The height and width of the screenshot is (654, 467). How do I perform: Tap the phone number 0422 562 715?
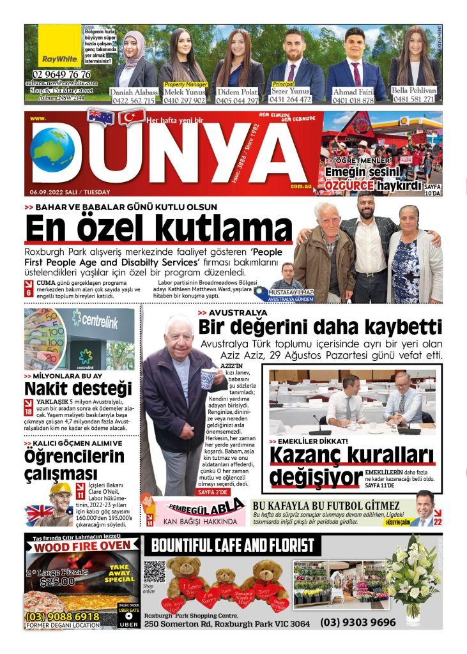point(133,100)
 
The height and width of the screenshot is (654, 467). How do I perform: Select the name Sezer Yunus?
point(291,91)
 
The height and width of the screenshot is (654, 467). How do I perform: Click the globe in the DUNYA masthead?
point(52,149)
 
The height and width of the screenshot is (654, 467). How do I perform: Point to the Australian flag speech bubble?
point(101,117)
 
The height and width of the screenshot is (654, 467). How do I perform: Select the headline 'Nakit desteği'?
point(78,388)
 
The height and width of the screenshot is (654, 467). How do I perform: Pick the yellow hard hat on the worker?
point(61,489)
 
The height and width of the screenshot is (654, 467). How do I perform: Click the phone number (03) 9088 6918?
point(63,616)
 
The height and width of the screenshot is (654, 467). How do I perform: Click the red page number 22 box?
point(438,521)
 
